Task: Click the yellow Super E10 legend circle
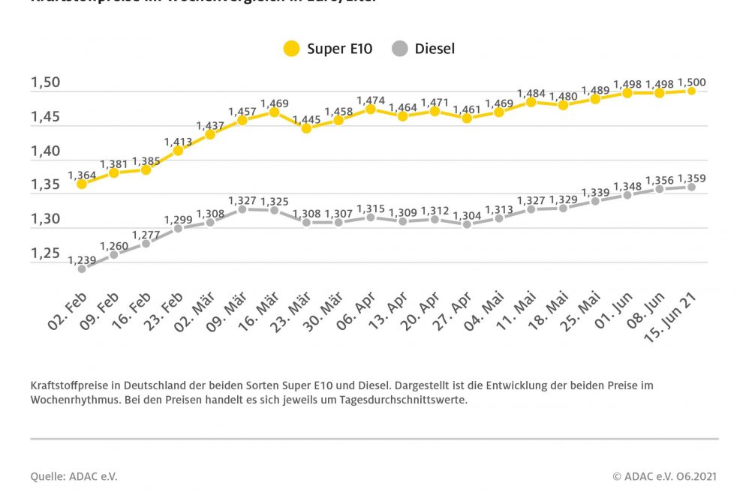tap(291, 49)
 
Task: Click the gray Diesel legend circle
tap(400, 49)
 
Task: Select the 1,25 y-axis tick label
tap(46, 253)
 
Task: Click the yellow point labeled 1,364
tap(82, 184)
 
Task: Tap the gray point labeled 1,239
tap(82, 268)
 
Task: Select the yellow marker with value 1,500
tap(691, 91)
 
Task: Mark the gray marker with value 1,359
tap(691, 187)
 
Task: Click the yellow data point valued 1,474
tap(371, 109)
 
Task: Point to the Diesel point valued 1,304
tap(467, 223)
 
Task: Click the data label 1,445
tap(306, 119)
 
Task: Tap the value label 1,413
tap(178, 141)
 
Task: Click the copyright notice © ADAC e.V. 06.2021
tap(665, 476)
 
